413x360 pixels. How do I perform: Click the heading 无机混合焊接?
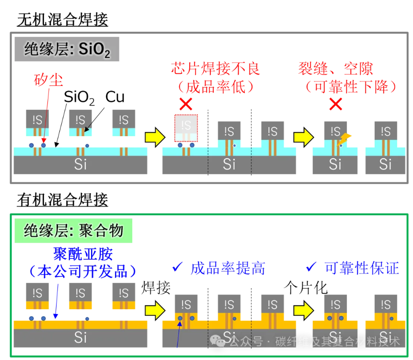coord(62,20)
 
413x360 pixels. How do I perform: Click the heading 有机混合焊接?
coord(62,199)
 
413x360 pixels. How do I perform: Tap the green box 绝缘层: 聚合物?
coord(73,231)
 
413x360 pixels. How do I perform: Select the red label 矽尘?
coord(48,79)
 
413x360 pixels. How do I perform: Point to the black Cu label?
coord(115,97)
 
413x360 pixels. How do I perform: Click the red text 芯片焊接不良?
coord(215,69)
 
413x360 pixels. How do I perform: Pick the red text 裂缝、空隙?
coord(335,69)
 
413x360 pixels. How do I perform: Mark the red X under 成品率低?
coord(185,104)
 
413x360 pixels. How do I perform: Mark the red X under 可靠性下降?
coord(336,104)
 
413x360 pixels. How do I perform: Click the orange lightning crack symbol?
coord(345,139)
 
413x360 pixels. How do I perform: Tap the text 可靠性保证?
coord(361,268)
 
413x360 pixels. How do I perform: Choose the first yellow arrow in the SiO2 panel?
coord(153,137)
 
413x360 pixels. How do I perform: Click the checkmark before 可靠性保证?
coord(311,267)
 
